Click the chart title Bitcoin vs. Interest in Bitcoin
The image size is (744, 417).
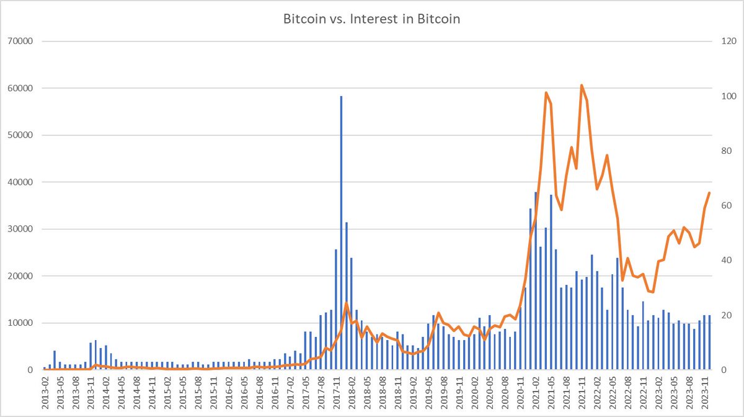click(372, 19)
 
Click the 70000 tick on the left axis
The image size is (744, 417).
click(21, 42)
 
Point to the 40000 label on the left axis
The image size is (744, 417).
click(21, 182)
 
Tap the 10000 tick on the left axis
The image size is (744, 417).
click(21, 323)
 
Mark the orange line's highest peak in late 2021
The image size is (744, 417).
click(582, 85)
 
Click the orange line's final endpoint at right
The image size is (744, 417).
click(709, 193)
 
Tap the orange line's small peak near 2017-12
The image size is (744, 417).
click(346, 303)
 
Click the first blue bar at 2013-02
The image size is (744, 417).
click(45, 368)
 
